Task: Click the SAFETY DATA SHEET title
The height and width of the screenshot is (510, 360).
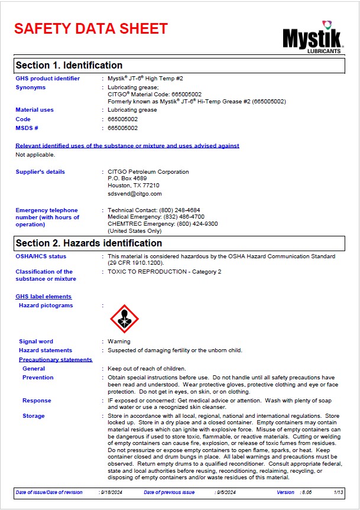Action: (x=91, y=28)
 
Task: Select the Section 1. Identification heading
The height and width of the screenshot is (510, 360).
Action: (x=69, y=65)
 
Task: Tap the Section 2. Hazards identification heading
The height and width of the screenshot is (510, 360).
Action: (x=89, y=243)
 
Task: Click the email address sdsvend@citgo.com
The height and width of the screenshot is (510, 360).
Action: (x=134, y=193)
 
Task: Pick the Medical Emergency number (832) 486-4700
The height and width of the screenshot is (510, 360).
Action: (x=184, y=217)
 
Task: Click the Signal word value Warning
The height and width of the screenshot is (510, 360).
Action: (x=119, y=342)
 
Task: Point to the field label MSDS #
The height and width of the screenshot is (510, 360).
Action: (x=27, y=128)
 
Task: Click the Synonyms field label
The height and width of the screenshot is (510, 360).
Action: (x=30, y=87)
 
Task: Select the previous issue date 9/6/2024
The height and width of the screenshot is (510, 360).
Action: (x=226, y=492)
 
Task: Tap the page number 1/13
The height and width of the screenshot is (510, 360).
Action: (x=339, y=492)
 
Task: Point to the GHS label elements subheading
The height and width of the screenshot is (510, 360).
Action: (x=43, y=297)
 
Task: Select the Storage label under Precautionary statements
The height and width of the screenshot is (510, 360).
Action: (x=34, y=416)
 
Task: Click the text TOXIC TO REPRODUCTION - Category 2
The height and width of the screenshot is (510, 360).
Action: (x=165, y=272)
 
